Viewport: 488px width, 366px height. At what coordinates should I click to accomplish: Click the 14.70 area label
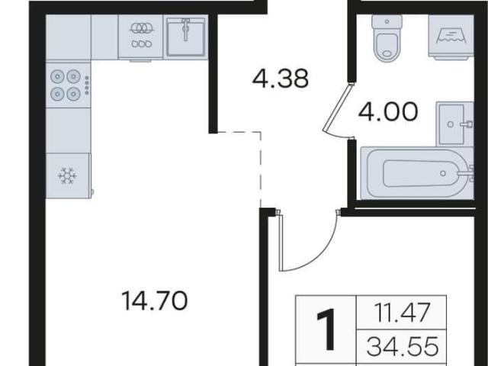pos(155,300)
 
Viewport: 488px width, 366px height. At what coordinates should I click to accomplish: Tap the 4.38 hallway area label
pos(281,79)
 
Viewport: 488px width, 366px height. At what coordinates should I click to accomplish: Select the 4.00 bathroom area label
pos(388,112)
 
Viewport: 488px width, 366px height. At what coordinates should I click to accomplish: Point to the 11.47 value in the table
pos(403,312)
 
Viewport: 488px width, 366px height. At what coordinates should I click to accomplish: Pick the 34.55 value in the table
pos(403,346)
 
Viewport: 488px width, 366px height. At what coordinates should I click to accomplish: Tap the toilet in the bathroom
pos(387,38)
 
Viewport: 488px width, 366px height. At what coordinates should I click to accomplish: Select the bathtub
pos(417,174)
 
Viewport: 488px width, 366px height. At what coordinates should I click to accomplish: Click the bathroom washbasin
pos(454,124)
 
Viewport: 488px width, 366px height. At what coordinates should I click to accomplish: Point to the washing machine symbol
pos(451,36)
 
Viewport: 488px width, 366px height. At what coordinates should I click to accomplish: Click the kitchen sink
pos(186,37)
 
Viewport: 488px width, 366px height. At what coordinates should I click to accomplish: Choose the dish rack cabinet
pos(140,37)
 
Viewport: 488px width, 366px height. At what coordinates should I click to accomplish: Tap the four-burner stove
pos(68,85)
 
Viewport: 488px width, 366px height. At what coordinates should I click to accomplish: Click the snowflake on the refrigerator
pos(67,175)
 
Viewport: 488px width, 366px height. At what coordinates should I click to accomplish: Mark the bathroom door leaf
pos(337,108)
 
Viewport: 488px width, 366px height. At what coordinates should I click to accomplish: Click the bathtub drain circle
pos(443,173)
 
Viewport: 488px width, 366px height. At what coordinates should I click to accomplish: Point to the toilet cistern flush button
pos(387,22)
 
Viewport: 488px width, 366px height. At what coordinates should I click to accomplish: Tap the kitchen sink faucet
pos(186,30)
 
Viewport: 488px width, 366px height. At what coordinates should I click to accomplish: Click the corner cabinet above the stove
pos(68,37)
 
